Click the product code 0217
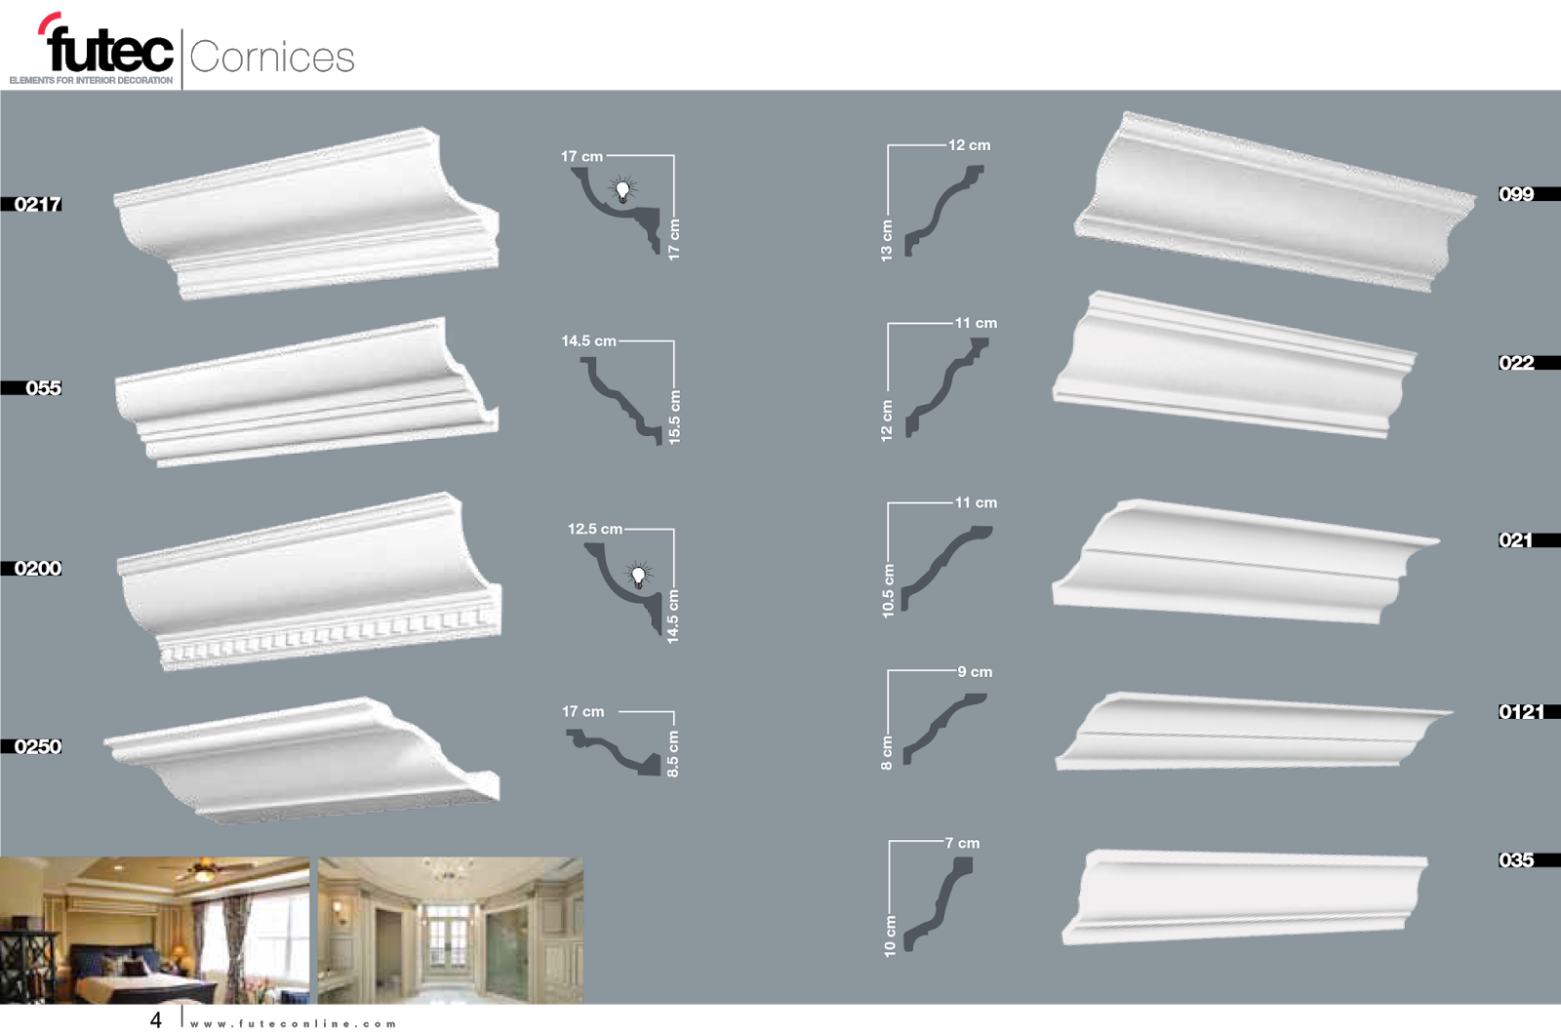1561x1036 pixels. [38, 204]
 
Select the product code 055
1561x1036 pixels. [43, 387]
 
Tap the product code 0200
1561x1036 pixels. [38, 568]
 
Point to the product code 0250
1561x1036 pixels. [38, 746]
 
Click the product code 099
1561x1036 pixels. [1516, 194]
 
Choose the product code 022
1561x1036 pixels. [1516, 363]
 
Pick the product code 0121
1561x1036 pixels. [1521, 712]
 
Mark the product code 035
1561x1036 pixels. [1516, 860]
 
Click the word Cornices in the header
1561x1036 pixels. [272, 57]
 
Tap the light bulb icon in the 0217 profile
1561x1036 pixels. [622, 189]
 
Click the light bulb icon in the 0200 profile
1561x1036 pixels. [639, 575]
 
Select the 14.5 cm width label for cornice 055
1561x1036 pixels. [588, 341]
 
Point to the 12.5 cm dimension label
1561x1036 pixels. [595, 529]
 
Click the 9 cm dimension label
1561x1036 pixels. [975, 672]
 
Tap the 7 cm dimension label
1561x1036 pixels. [962, 843]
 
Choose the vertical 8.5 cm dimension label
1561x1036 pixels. [673, 754]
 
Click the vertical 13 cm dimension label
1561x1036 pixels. [887, 240]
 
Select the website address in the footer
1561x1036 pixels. [294, 1023]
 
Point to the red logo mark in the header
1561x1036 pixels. [49, 22]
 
